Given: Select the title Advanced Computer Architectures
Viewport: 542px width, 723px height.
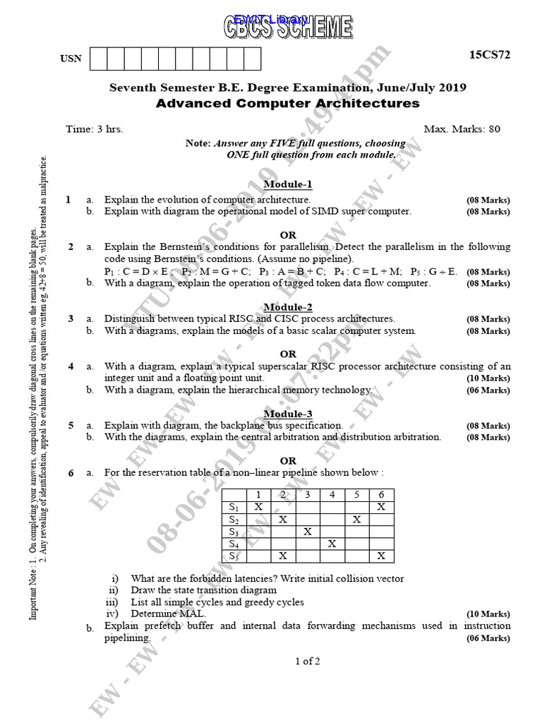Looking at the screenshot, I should [x=287, y=104].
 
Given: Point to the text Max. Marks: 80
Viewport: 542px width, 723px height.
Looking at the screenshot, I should [x=462, y=129].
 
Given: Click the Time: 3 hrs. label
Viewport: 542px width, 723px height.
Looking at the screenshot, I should [x=94, y=129].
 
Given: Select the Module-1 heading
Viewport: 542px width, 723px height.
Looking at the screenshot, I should [x=288, y=184].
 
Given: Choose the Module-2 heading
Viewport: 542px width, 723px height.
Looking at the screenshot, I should [x=288, y=307].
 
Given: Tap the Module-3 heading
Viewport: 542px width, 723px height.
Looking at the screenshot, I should [x=288, y=414].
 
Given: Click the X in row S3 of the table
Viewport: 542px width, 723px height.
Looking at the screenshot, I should [x=307, y=531].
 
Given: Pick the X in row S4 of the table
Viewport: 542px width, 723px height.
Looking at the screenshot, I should [x=332, y=544].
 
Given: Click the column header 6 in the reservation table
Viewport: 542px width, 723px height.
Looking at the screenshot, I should [x=381, y=494].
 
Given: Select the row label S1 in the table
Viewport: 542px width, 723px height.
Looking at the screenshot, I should [x=234, y=507].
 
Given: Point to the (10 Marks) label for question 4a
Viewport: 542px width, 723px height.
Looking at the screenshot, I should [x=488, y=378].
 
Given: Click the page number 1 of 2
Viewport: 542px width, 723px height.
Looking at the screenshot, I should [x=308, y=662].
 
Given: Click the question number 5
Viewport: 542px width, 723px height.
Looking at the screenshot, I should [x=71, y=426].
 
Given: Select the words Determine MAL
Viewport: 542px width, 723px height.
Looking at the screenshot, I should [x=159, y=614].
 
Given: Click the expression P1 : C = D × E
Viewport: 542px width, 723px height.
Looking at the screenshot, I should [x=138, y=271].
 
